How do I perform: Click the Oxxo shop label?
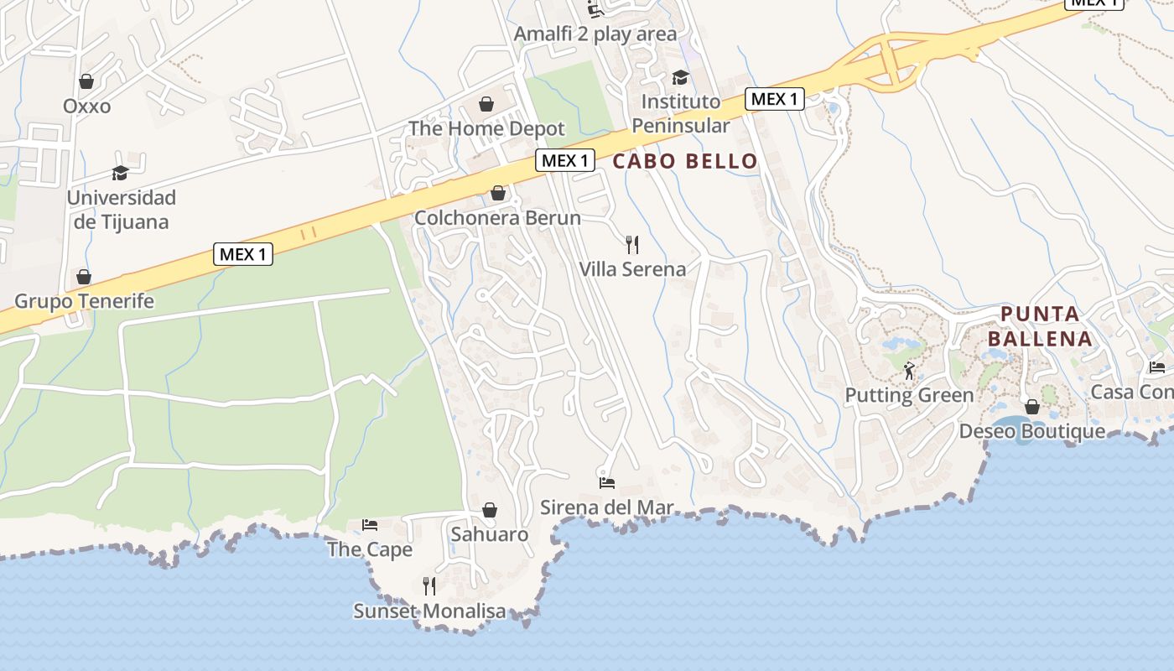click(86, 107)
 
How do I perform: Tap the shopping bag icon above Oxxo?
click(86, 81)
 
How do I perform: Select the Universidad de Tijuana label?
click(121, 210)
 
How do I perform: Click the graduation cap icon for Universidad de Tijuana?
click(121, 173)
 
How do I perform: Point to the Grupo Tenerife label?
click(85, 301)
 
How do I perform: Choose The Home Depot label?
click(486, 129)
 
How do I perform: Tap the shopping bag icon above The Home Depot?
click(486, 104)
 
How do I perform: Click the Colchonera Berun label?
click(497, 218)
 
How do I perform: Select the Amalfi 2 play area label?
click(595, 34)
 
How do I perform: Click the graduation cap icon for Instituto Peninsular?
click(680, 77)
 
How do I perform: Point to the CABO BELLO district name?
click(685, 161)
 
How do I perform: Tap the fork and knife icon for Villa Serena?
click(632, 245)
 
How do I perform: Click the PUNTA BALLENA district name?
click(1040, 326)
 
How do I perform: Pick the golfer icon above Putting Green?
click(909, 370)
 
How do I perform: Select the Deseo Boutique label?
click(1032, 432)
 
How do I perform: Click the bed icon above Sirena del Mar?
click(607, 482)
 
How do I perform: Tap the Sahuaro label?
click(490, 534)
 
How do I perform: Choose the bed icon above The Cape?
click(370, 525)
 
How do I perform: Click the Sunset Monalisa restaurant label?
click(429, 611)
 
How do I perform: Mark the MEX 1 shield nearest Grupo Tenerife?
click(243, 253)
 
